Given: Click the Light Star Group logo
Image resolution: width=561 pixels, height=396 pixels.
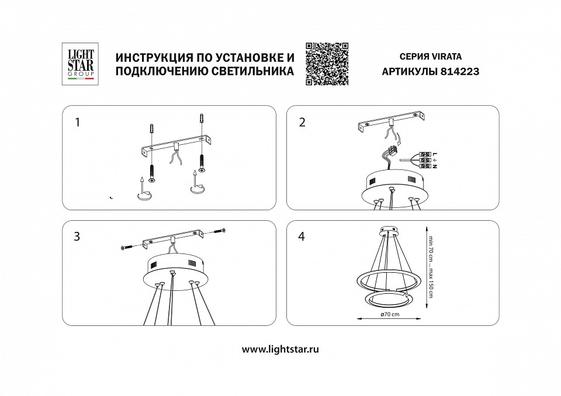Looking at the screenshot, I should (x=78, y=65).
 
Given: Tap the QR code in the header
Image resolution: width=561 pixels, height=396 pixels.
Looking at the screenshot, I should (x=327, y=64).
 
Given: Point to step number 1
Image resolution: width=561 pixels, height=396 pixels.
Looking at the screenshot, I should (x=77, y=123).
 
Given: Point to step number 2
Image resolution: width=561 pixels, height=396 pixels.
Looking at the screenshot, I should (x=302, y=123).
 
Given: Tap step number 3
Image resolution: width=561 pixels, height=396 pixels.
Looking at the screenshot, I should (x=77, y=237).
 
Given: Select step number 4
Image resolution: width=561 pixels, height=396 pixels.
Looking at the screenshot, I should (x=302, y=237).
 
